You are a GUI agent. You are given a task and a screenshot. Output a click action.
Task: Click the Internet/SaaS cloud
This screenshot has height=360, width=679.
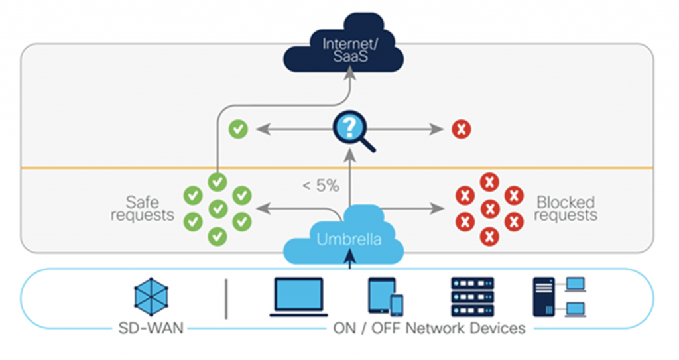343,50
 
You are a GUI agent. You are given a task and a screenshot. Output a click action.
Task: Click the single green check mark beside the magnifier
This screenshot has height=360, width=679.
238,129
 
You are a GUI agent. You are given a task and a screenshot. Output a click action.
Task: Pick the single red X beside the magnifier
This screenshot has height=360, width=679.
461,129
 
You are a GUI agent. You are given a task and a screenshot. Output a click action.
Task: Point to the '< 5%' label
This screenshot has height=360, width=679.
321,186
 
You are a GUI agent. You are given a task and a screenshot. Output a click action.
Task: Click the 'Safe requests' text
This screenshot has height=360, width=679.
142,208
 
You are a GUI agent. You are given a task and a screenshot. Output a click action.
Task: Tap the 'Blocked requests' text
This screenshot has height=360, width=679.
566,208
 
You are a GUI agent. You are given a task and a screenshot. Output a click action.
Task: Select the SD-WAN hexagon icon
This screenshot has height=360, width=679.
151,296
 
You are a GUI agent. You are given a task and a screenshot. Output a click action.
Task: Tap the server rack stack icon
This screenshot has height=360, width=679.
472,296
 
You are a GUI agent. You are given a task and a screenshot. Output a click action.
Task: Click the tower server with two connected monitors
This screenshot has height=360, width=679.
558,296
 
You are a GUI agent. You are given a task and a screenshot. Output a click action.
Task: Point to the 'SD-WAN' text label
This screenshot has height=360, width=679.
151,328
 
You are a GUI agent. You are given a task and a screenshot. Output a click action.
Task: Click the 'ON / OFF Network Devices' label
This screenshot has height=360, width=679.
428,328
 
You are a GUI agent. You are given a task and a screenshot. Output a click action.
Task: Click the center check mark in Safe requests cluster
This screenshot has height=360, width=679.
217,209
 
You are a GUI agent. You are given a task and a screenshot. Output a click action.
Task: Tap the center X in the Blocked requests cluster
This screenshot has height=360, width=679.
489,209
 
